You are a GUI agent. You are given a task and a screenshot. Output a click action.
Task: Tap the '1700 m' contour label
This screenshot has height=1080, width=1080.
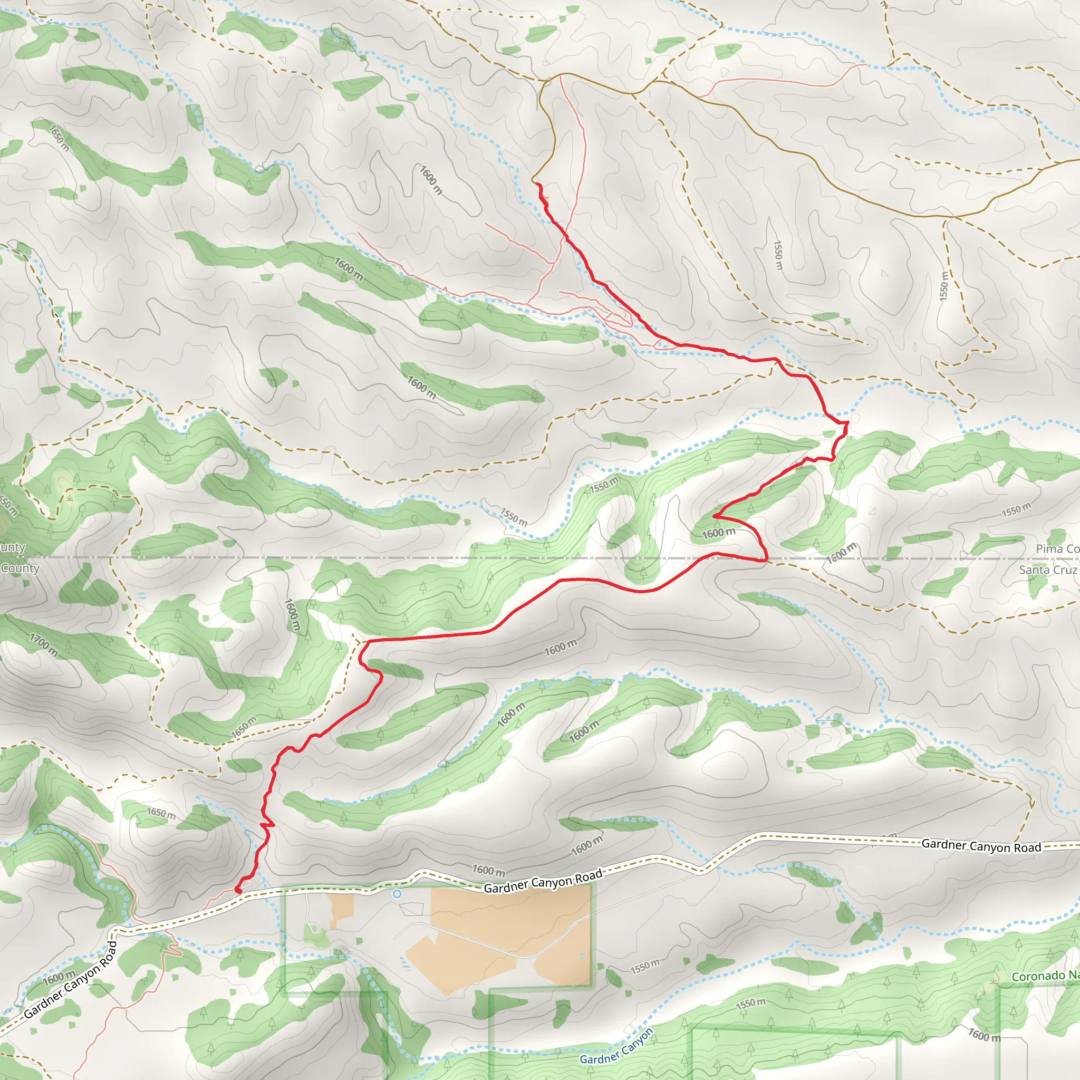point(43,644)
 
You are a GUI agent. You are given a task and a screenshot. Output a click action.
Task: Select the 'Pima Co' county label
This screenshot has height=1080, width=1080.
point(1057,548)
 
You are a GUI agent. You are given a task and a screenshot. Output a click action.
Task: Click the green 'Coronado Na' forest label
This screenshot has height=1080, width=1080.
point(1045,976)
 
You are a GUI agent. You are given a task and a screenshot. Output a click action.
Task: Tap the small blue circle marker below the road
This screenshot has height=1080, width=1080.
point(397,894)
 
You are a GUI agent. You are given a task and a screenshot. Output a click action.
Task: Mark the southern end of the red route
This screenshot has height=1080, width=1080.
point(237,891)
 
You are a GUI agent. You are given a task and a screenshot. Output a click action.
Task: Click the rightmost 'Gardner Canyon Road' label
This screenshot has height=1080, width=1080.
point(981,846)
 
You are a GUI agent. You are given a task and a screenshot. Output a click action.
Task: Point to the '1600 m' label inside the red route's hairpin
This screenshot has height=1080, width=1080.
point(718,533)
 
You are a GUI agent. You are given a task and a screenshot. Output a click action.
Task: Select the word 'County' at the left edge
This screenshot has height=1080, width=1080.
point(20,568)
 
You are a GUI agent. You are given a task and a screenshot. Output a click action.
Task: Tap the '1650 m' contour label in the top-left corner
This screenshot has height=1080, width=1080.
point(59,138)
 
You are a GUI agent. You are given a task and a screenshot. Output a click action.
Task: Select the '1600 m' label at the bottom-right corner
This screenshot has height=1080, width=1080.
point(985,1035)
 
